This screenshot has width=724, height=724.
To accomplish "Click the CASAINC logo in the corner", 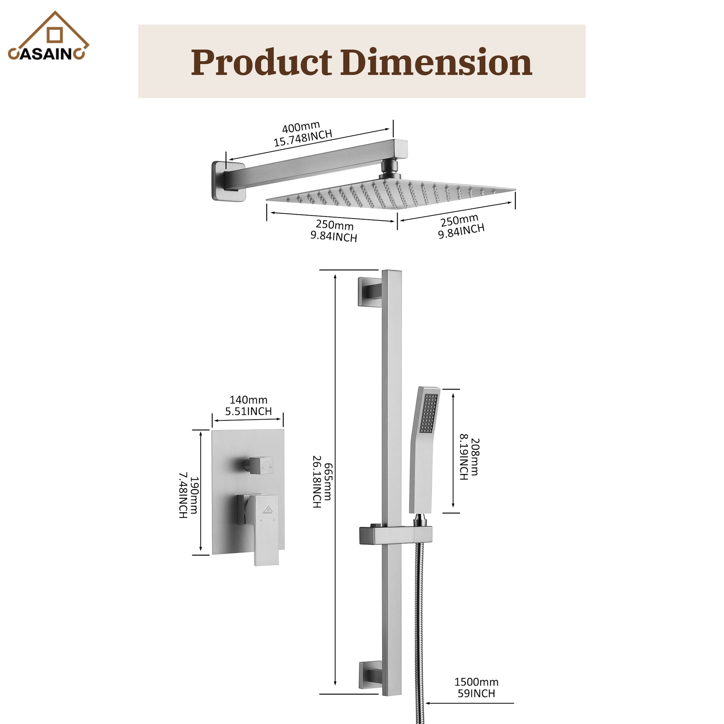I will click(48, 38).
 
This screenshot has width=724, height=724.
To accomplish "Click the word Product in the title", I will click(261, 63).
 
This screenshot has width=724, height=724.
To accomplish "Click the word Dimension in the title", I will click(436, 63).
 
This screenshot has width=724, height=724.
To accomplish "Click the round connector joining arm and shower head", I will click(390, 169).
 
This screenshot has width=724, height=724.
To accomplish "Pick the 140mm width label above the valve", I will click(248, 400).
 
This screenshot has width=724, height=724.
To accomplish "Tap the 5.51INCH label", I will click(248, 412).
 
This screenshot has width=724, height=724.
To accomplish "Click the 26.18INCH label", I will click(317, 482).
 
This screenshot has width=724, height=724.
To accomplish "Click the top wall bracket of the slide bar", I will click(370, 291).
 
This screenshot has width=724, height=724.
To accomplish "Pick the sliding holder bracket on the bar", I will click(395, 535).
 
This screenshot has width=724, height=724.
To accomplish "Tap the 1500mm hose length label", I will click(476, 681).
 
